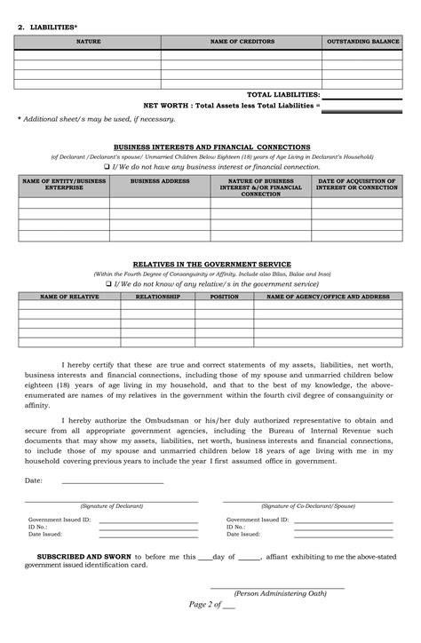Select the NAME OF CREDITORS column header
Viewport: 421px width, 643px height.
[x=241, y=42]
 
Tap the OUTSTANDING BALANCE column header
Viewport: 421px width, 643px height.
[x=362, y=42]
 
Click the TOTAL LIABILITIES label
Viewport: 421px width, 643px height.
[x=282, y=94]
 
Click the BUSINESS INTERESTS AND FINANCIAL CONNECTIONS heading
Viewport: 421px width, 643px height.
[x=211, y=147]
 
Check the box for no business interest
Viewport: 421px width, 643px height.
[x=107, y=166]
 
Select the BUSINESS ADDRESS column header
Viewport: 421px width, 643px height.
[x=159, y=181]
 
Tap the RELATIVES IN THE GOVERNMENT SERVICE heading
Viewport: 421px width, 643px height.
[x=210, y=265]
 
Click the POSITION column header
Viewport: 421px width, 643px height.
[x=224, y=297]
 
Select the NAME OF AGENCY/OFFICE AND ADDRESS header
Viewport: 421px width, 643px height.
[x=328, y=297]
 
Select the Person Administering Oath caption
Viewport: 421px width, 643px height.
[x=276, y=592]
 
